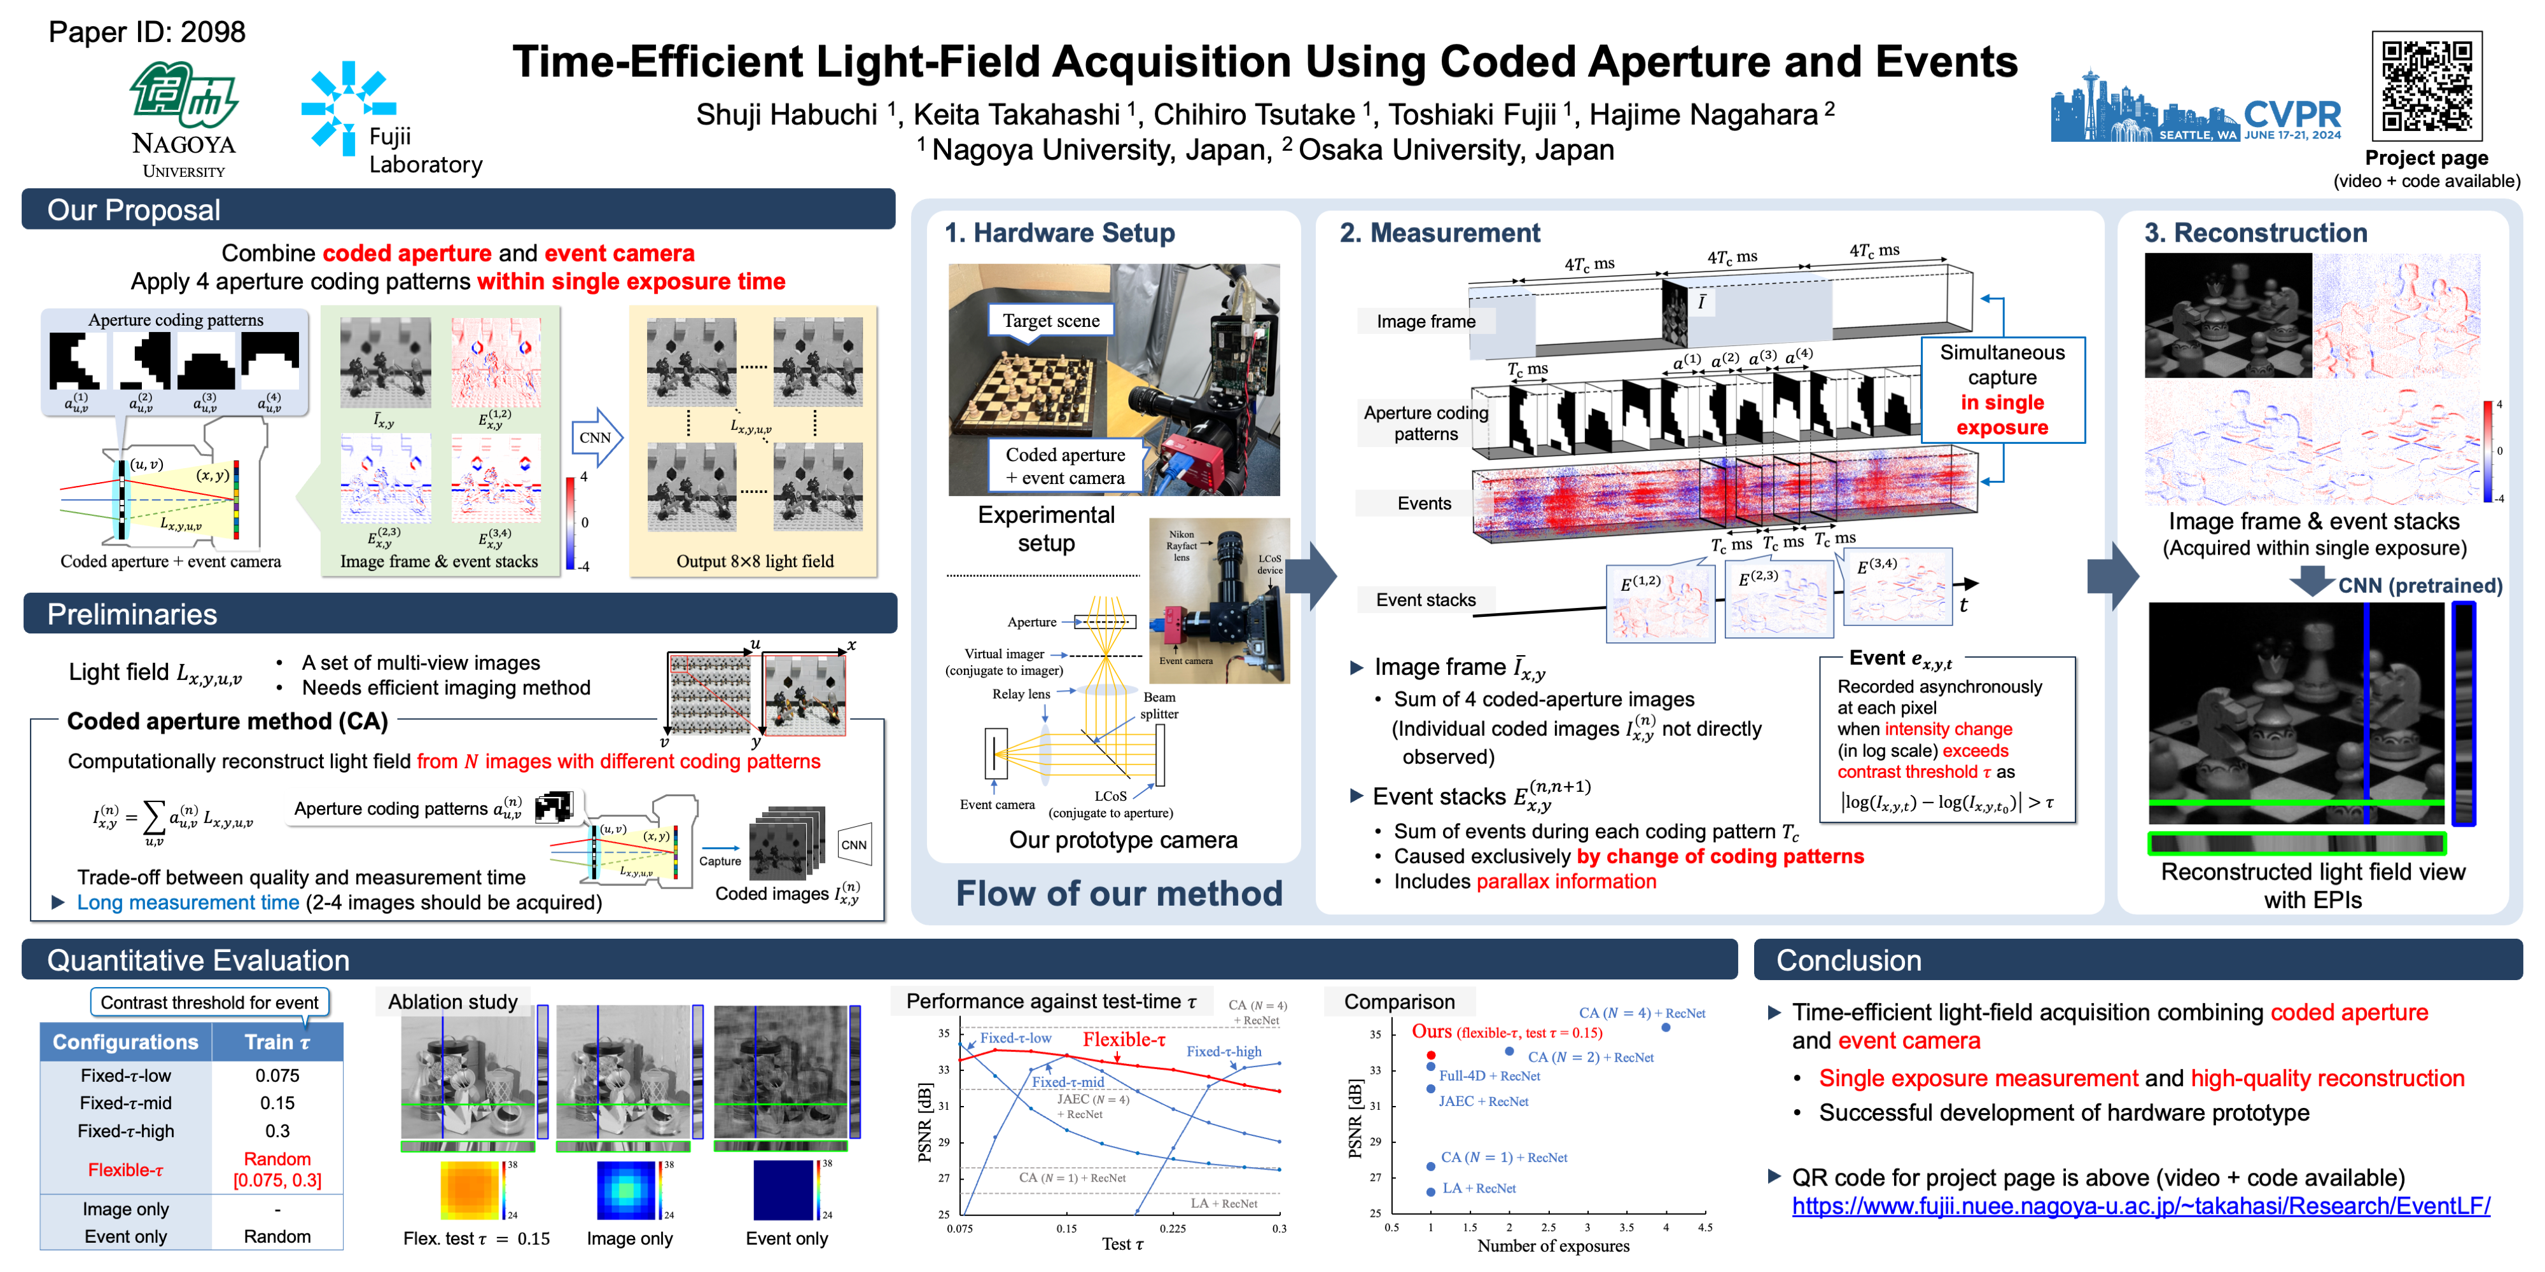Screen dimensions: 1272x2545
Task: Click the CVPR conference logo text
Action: [x=2291, y=114]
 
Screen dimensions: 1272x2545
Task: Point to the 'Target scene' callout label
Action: [x=1050, y=320]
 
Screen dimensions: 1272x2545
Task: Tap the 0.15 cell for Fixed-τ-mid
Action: [x=277, y=1103]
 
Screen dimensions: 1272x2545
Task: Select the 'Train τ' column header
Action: [x=277, y=1042]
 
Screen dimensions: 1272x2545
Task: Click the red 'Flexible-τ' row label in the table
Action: [x=125, y=1170]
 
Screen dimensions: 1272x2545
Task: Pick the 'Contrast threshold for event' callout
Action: [x=209, y=1002]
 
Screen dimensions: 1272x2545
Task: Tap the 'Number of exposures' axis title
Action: [x=1553, y=1247]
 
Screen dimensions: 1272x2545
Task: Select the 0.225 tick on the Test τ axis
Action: [x=1173, y=1229]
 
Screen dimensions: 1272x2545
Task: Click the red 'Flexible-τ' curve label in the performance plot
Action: [x=1124, y=1039]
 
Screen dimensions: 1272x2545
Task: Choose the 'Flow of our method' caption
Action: [x=1119, y=893]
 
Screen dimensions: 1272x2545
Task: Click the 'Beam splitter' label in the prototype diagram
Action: [x=1159, y=705]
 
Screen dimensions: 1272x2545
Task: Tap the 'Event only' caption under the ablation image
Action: [x=786, y=1238]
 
